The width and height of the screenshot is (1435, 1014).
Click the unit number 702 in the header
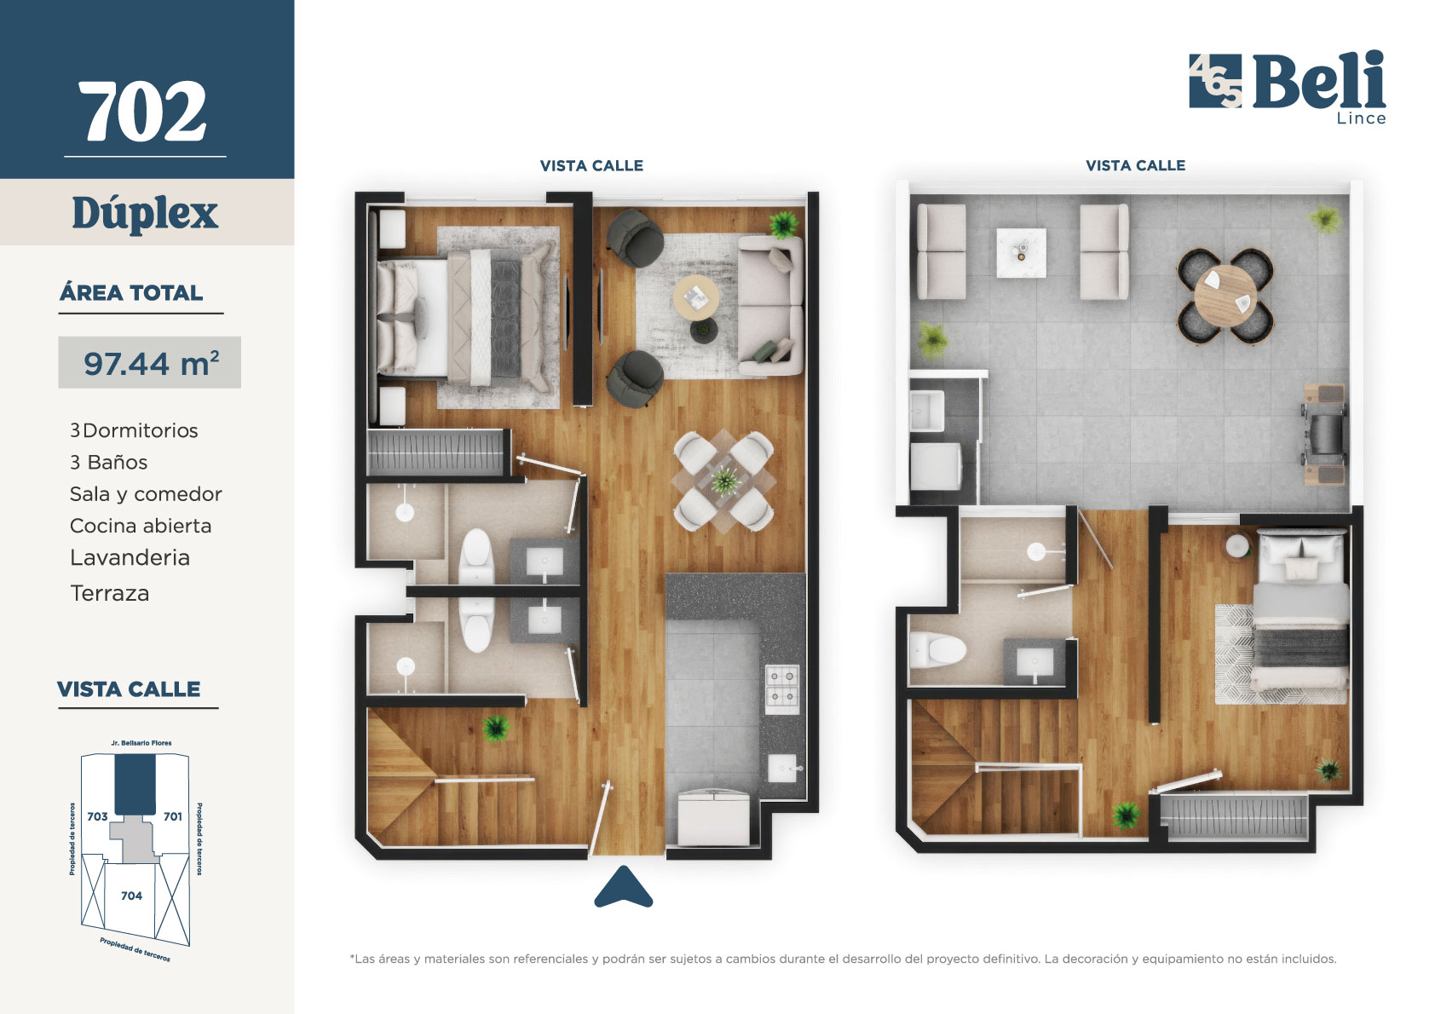coord(142,112)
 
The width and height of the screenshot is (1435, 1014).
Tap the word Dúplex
coord(145,214)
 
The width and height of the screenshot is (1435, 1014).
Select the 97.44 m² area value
coord(151,363)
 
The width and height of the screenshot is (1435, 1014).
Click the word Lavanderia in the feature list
coord(130,557)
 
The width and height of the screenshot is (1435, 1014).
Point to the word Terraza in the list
coord(110,593)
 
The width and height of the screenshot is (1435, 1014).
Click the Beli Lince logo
coord(1288,87)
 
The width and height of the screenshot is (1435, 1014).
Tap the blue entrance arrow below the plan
coord(623,887)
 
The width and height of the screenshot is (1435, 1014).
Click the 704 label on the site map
coord(131,896)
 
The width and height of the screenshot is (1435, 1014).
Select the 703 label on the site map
coord(97,816)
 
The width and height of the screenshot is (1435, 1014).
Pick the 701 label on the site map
coord(173,816)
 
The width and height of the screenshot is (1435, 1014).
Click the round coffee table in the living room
coord(695,297)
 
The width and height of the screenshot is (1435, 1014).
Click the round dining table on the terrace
coord(1225,297)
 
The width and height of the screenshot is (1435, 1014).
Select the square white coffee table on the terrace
coord(1021,253)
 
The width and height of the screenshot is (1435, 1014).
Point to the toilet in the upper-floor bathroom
coord(938,649)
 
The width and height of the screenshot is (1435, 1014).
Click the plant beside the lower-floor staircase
coord(496,729)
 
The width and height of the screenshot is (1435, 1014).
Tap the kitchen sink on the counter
coord(783,768)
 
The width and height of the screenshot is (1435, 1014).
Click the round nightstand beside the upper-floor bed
coord(1237,546)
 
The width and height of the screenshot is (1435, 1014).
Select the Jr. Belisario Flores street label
coord(141,743)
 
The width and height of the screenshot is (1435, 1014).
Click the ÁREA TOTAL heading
coord(131,293)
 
